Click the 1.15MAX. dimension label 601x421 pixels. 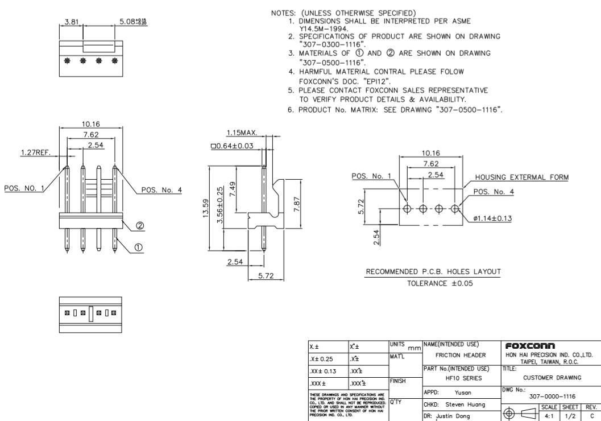242,133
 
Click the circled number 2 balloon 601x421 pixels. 138,226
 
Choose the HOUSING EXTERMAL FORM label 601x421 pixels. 522,178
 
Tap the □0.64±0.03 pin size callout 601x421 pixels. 231,147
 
